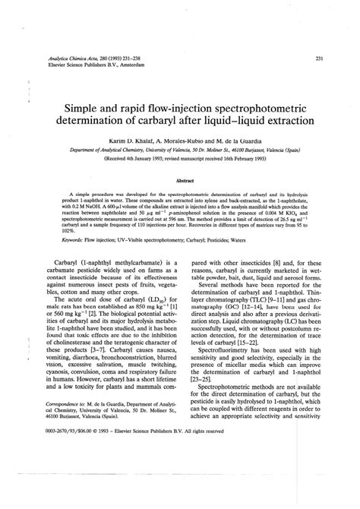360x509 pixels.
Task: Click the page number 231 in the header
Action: pyautogui.click(x=320, y=58)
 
